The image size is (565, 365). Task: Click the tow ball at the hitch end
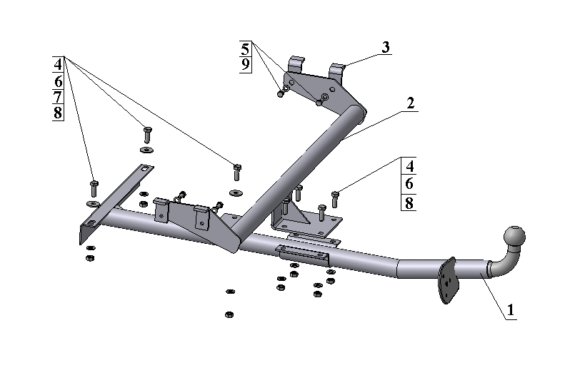[x=514, y=235]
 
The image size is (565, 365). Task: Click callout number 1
[x=510, y=310]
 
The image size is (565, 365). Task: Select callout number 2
[x=410, y=103]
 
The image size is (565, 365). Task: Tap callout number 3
[x=385, y=48]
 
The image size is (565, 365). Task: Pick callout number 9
[x=245, y=66]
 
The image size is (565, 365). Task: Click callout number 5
[x=245, y=49]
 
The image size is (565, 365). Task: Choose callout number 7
[x=58, y=96]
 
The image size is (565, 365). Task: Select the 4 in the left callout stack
[x=58, y=63]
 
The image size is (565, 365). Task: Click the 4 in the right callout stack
[x=409, y=166]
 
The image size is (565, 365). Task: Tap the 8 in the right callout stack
[x=409, y=203]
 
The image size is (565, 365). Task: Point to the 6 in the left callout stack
[x=58, y=80]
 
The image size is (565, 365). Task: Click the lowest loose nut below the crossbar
[x=229, y=314]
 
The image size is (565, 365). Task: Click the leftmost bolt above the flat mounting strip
[x=94, y=188]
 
